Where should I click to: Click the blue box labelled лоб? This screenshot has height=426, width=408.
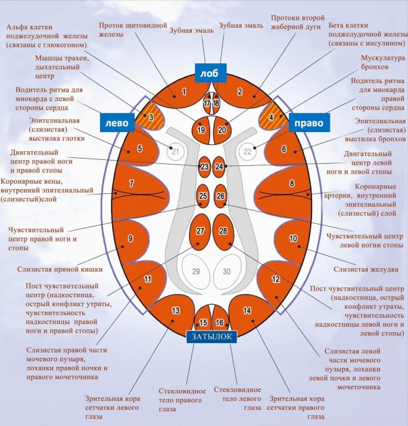coord(206,71)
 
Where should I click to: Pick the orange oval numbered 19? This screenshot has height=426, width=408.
coord(201,129)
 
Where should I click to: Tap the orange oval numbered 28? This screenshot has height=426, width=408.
coord(223,232)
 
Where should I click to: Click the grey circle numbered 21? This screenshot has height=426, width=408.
coord(175,152)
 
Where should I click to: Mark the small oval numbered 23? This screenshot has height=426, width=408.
coord(204,166)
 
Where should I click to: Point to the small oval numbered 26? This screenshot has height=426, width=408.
coord(220,197)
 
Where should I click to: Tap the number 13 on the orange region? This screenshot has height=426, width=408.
coord(175,310)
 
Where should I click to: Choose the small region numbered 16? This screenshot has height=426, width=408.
coord(219,323)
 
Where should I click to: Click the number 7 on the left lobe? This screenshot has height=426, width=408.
coord(131,184)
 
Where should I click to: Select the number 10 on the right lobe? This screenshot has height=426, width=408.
coord(294,238)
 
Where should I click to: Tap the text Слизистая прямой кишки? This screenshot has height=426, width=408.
coord(60,269)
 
